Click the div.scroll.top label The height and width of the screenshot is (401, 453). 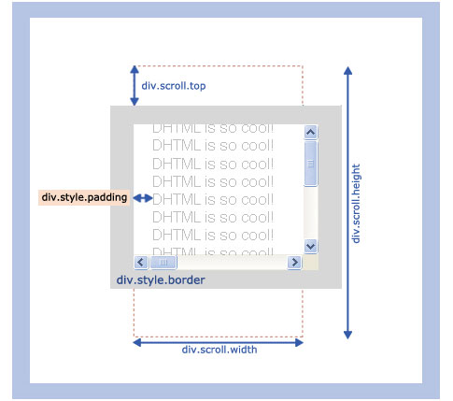coord(174,86)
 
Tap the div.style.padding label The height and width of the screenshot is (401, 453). coord(84,197)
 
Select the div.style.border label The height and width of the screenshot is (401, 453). coord(161,279)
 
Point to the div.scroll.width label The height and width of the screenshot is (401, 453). coord(219,350)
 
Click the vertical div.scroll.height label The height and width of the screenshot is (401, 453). coord(355,204)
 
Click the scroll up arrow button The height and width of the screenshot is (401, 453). coord(310,132)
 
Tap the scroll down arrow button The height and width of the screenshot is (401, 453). coord(310,246)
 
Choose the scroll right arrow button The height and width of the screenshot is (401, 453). coord(294,262)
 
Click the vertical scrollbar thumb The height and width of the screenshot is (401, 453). coord(310,164)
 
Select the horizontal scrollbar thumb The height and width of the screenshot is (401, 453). coord(163,263)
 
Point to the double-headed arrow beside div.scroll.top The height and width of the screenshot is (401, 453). coord(134,86)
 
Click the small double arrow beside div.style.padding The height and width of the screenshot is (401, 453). coord(143,198)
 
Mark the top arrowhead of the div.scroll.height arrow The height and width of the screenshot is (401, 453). coord(347,70)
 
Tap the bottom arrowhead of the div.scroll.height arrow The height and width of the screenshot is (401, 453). coord(347,335)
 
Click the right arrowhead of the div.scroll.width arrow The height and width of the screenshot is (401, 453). coord(299,343)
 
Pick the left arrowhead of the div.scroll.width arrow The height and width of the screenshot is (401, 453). coord(137,343)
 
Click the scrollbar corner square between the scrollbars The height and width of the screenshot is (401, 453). coord(310,263)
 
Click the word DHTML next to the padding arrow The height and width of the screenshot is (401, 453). coord(177,200)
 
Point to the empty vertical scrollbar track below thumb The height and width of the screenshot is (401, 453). coord(310,213)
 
